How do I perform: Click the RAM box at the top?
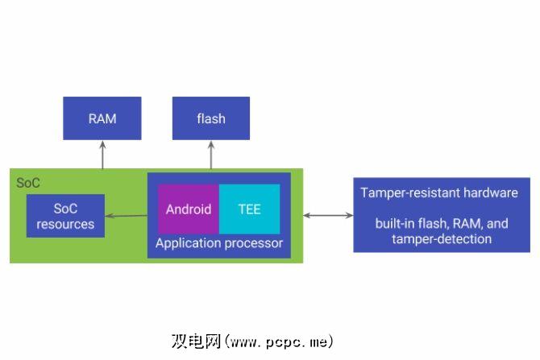pos(102,118)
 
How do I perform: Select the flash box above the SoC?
pos(211,118)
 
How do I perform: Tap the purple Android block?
pos(189,209)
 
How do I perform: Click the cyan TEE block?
pos(249,209)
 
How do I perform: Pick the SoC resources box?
pos(65,216)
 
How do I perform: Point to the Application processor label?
pos(219,243)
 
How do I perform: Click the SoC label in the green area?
pos(28,183)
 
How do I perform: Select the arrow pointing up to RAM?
pos(102,155)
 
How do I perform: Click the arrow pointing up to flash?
pos(211,155)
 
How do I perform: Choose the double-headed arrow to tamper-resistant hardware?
pos(328,216)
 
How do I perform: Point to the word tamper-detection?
pos(442,238)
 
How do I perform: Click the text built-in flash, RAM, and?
pos(442,224)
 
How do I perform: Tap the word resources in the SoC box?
pos(65,224)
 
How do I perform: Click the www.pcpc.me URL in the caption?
pos(279,341)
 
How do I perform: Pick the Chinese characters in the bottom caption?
pos(196,341)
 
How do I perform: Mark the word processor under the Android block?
pos(256,243)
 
